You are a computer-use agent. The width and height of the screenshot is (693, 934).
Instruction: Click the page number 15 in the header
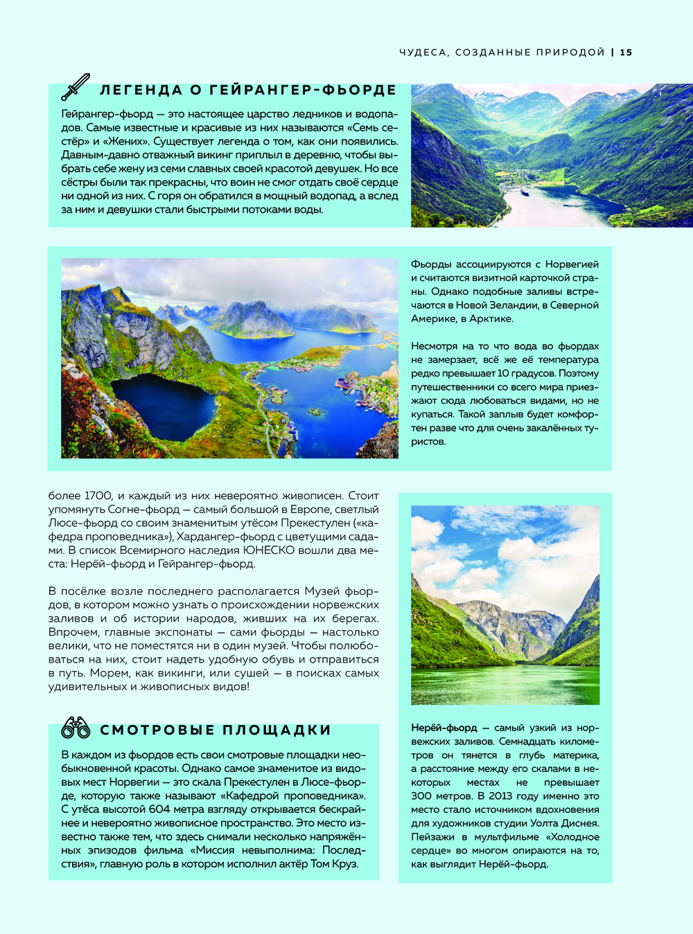626,53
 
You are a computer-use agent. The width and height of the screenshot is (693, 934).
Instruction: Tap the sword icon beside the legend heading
76,87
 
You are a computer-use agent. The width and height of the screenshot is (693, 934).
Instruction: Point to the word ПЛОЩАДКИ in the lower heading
277,730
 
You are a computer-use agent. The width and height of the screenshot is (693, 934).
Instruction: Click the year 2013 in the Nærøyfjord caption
497,796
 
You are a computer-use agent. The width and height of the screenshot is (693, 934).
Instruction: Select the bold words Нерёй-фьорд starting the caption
444,728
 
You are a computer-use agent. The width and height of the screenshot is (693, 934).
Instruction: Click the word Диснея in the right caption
578,823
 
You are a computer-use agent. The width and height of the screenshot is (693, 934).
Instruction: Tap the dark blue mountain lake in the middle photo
164,407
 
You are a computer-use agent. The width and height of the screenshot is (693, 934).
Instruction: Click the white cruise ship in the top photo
525,192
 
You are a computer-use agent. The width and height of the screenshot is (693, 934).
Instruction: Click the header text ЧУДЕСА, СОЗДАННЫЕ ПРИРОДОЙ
502,53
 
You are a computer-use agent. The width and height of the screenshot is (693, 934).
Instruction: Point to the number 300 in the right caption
423,796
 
